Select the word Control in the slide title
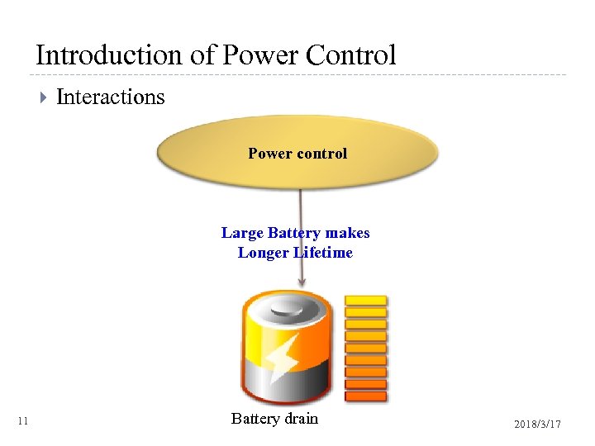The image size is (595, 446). pyautogui.click(x=350, y=55)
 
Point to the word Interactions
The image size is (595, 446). pyautogui.click(x=110, y=97)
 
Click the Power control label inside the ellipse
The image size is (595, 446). pyautogui.click(x=297, y=153)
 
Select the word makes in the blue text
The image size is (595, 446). pyautogui.click(x=347, y=233)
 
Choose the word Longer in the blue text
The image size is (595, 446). pyautogui.click(x=264, y=253)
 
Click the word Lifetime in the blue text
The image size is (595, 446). pyautogui.click(x=323, y=253)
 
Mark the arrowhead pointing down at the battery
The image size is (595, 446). pyautogui.click(x=302, y=283)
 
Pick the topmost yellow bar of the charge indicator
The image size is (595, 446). pyautogui.click(x=365, y=300)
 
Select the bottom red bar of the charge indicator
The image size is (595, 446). pyautogui.click(x=365, y=396)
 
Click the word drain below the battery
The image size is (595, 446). pyautogui.click(x=302, y=419)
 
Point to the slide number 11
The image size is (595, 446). pyautogui.click(x=23, y=422)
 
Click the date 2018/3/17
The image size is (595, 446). pyautogui.click(x=537, y=424)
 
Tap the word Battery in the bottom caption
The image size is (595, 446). pyautogui.click(x=256, y=419)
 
